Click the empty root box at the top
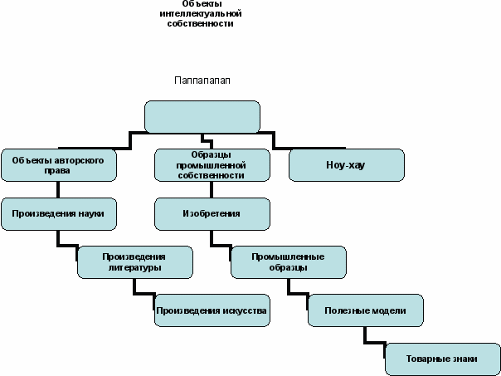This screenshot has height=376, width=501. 202,117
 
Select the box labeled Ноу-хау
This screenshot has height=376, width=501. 347,165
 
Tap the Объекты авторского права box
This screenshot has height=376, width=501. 59,165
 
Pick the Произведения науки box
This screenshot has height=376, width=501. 59,214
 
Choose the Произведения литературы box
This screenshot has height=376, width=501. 135,262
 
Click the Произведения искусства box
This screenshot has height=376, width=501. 212,310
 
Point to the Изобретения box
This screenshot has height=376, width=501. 212,214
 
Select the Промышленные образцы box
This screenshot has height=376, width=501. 289,262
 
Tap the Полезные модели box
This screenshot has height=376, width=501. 366,310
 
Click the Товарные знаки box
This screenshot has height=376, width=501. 443,359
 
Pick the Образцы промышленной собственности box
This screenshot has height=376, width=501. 212,165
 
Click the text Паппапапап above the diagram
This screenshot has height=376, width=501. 202,81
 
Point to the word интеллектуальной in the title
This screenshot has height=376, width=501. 201,14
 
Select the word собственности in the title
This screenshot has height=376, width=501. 201,24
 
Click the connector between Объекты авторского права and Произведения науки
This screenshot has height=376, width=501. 58,189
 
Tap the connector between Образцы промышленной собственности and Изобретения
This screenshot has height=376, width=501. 212,189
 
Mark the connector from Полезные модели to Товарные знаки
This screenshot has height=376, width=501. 374,343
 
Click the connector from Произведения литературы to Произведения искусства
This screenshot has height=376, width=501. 143,294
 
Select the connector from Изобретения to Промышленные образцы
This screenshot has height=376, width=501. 221,245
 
